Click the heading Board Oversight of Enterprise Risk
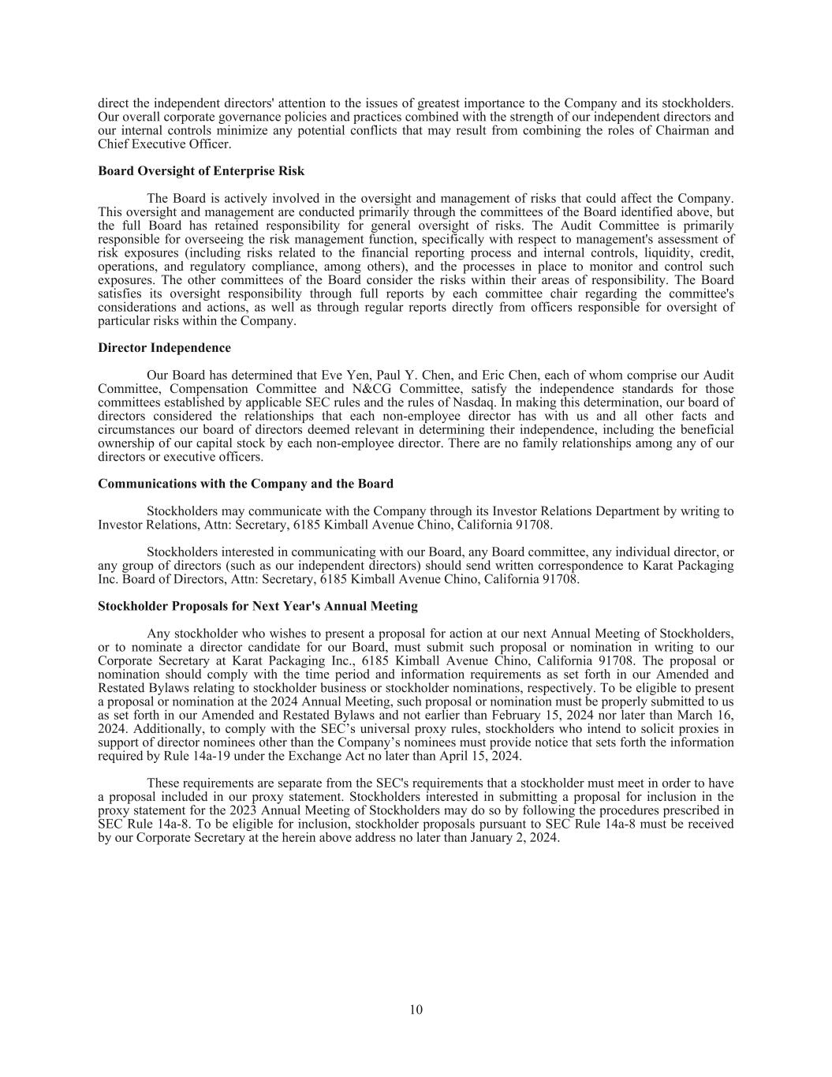[x=201, y=171]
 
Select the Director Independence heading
[x=164, y=348]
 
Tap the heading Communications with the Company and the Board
[x=245, y=484]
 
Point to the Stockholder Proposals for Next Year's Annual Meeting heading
[x=258, y=607]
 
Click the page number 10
[x=416, y=1010]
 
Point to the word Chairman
[x=684, y=131]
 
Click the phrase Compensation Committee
[x=215, y=389]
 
